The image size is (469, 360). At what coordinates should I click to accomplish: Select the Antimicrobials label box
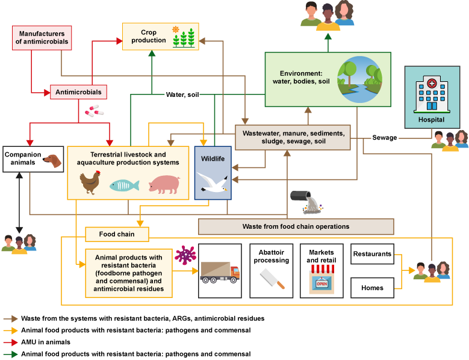pyautogui.click(x=78, y=92)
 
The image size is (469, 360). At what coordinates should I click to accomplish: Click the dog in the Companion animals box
pyautogui.click(x=52, y=161)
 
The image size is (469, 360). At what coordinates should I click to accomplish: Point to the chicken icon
pyautogui.click(x=90, y=182)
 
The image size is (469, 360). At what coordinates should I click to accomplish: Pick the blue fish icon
pyautogui.click(x=124, y=185)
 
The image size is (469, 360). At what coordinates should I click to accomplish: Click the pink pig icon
pyautogui.click(x=164, y=184)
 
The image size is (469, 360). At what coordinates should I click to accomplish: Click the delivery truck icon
pyautogui.click(x=220, y=272)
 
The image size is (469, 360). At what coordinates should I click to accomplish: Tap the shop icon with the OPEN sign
pyautogui.click(x=321, y=280)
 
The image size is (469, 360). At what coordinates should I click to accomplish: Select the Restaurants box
pyautogui.click(x=372, y=254)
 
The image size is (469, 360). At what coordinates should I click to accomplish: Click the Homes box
pyautogui.click(x=372, y=288)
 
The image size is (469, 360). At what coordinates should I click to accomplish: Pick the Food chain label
pyautogui.click(x=117, y=234)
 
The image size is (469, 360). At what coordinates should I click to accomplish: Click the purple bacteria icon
pyautogui.click(x=185, y=255)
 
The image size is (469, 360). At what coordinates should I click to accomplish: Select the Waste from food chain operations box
pyautogui.click(x=296, y=226)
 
